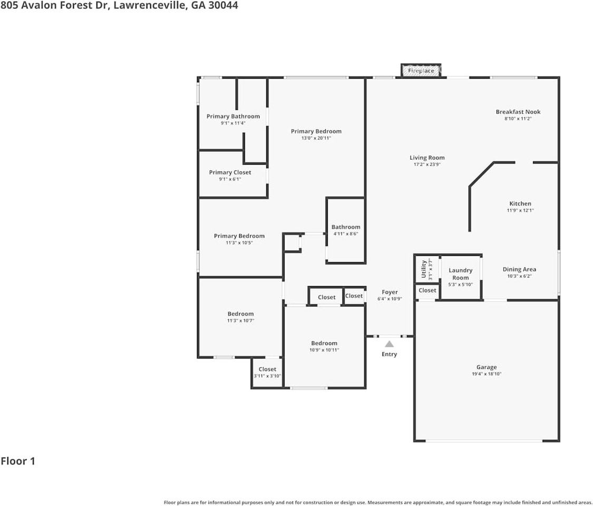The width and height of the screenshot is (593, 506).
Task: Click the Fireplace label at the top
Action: click(x=421, y=71)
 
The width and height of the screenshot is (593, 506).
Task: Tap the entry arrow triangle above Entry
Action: click(x=389, y=344)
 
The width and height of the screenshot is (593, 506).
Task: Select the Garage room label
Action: click(x=487, y=367)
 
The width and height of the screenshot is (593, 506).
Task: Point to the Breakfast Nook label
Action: click(x=518, y=112)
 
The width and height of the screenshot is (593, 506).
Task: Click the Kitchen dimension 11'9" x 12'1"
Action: click(x=520, y=210)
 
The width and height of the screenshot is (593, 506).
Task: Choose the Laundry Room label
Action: click(x=460, y=274)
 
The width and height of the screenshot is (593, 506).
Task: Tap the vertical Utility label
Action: click(x=424, y=269)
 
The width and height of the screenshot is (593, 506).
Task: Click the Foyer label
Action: click(x=390, y=292)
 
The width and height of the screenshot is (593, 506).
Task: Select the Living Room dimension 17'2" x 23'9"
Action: click(x=427, y=164)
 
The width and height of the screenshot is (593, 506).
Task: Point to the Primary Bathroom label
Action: click(x=233, y=116)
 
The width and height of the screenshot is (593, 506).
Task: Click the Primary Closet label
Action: click(x=230, y=172)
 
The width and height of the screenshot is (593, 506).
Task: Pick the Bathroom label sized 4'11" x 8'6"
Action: click(x=346, y=227)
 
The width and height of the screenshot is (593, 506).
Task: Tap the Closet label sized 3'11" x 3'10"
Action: click(x=267, y=369)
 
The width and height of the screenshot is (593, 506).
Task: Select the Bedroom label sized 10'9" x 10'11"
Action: click(x=324, y=343)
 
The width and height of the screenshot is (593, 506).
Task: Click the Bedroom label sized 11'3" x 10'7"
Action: click(x=240, y=314)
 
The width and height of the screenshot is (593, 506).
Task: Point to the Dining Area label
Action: click(x=519, y=269)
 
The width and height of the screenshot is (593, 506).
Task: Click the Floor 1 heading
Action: click(x=18, y=461)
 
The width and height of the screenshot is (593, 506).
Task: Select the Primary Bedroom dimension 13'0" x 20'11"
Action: click(x=316, y=138)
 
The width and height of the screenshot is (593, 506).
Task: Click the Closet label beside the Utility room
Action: click(x=427, y=290)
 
